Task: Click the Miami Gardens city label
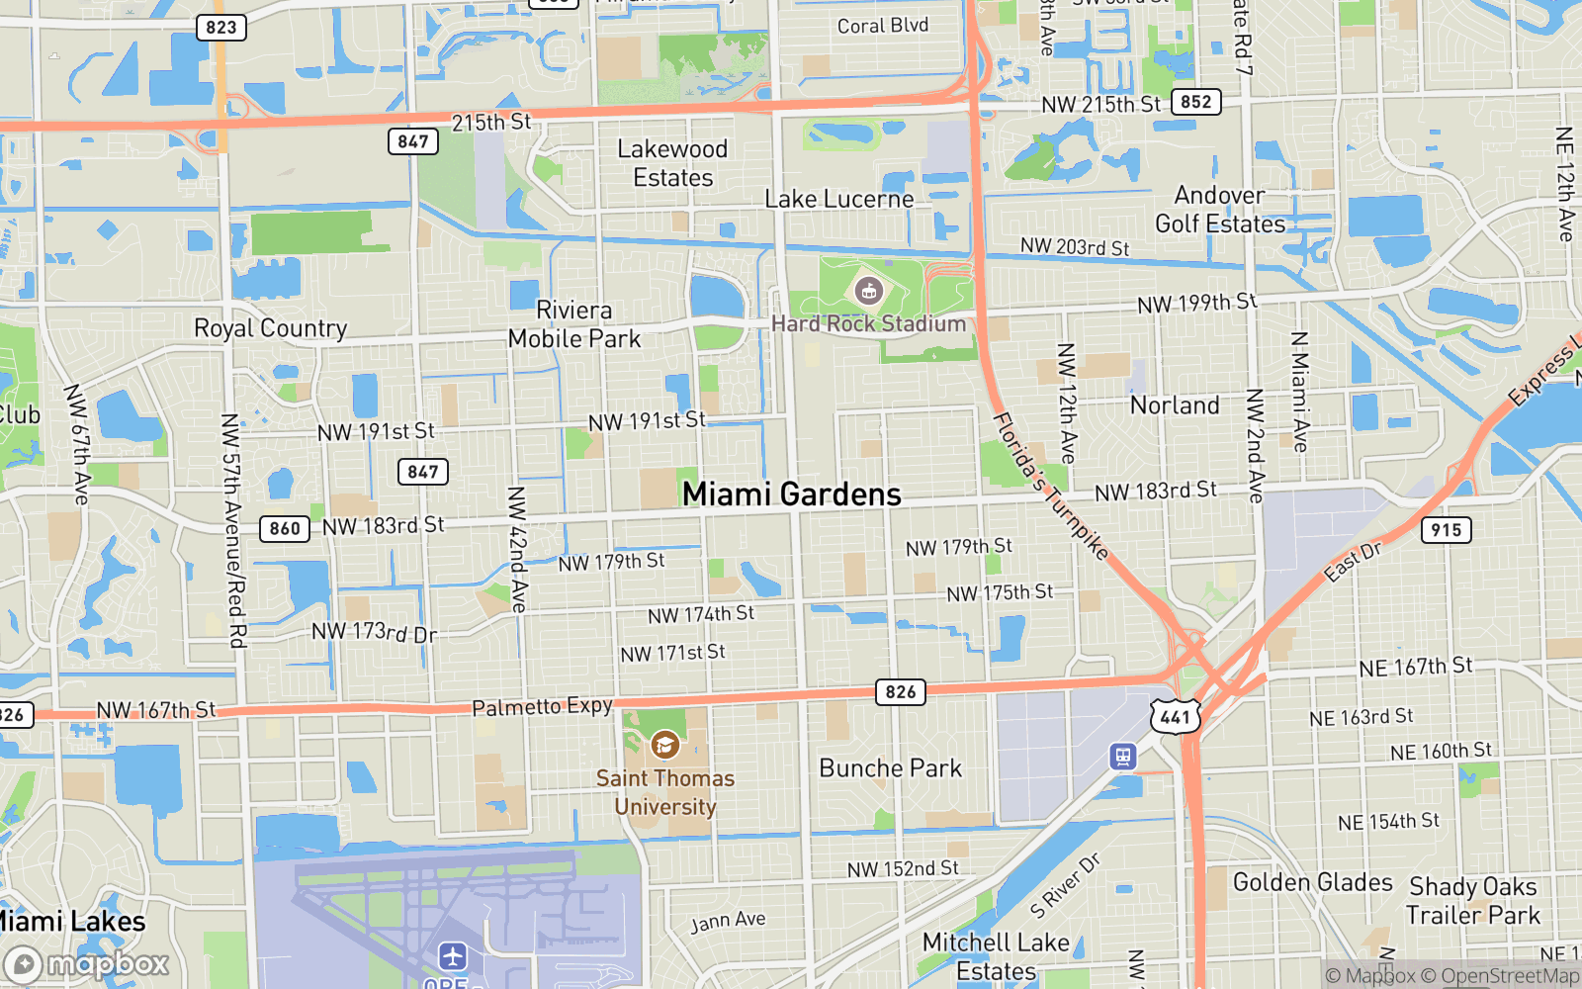(x=791, y=494)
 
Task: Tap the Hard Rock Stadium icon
(x=869, y=291)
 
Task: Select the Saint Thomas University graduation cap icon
(x=664, y=744)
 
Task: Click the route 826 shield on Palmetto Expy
(x=900, y=692)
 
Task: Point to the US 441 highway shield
(x=1175, y=717)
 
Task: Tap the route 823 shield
(x=220, y=27)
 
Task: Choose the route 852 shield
(x=1195, y=102)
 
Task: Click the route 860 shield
(x=285, y=528)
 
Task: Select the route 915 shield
(x=1446, y=530)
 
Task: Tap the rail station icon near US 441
(x=1122, y=757)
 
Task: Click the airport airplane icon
(x=452, y=956)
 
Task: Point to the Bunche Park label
(x=890, y=768)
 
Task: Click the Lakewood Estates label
(x=672, y=163)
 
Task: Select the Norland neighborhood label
(x=1175, y=405)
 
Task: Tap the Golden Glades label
(x=1312, y=882)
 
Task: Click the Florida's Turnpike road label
(x=1050, y=487)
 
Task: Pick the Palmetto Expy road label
(x=542, y=706)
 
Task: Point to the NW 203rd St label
(x=1074, y=246)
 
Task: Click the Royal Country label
(x=270, y=328)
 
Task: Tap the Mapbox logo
(x=87, y=964)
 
